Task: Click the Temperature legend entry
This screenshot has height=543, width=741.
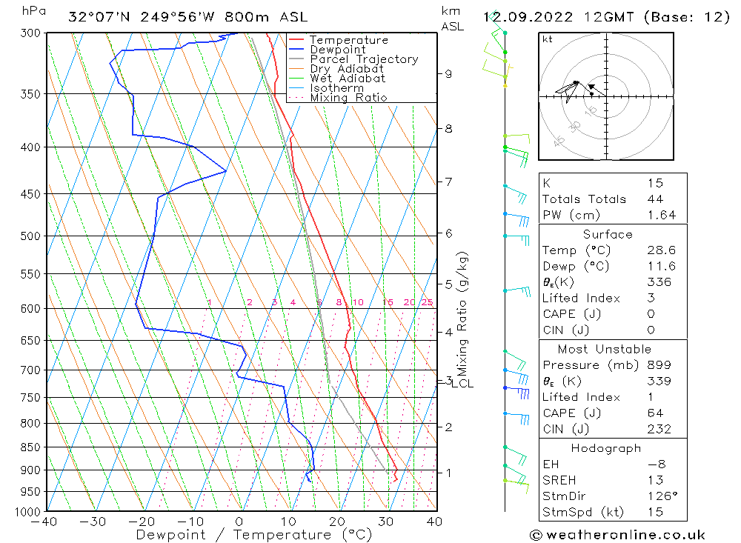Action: pos(348,40)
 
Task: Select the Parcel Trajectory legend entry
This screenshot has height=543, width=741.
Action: pos(364,59)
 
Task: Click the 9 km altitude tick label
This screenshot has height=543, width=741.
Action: pos(448,73)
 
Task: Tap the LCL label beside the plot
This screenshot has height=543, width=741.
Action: pos(462,383)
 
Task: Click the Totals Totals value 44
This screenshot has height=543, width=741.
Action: pos(655,199)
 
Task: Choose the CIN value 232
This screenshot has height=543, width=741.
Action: pos(659,429)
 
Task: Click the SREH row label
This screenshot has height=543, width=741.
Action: pos(559,480)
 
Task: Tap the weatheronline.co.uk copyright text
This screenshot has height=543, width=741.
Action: pos(617,535)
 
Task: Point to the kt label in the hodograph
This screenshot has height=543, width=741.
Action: pos(547,39)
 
